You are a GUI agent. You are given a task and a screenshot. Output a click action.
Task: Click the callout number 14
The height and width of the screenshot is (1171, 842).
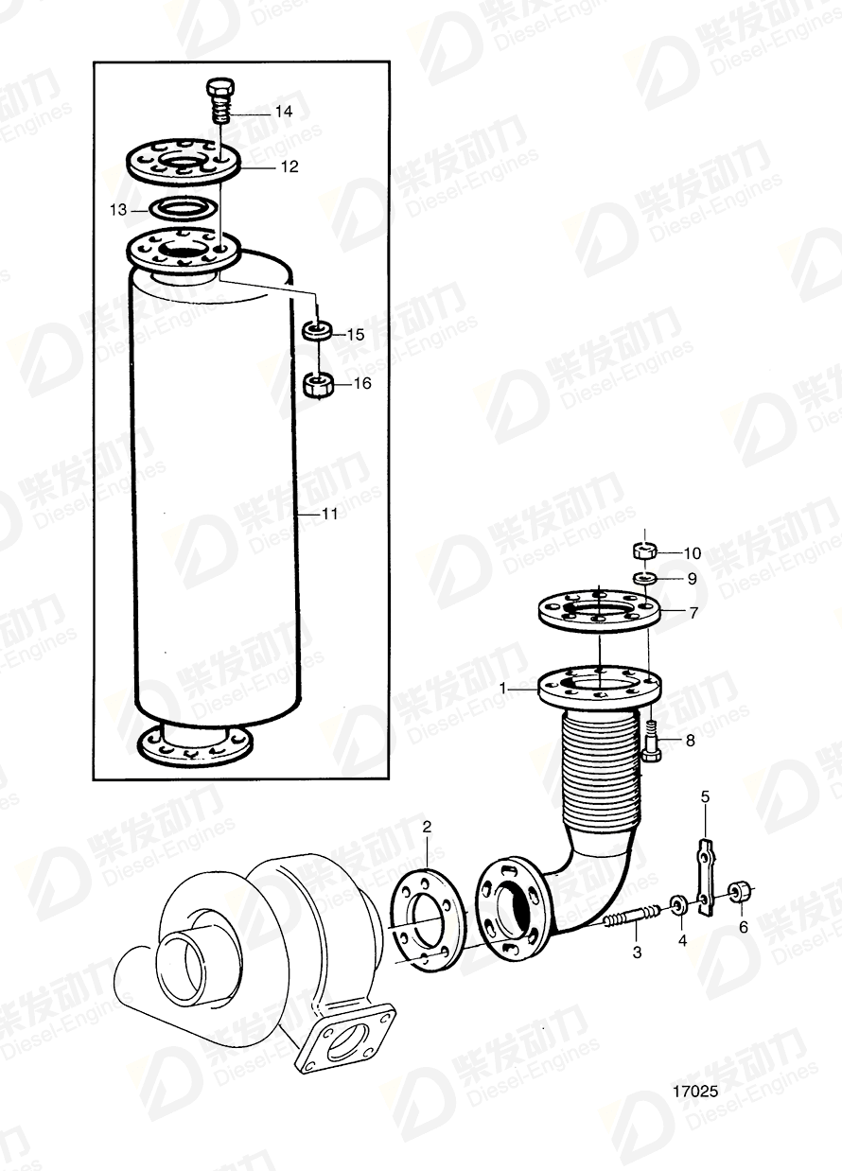pyautogui.click(x=283, y=111)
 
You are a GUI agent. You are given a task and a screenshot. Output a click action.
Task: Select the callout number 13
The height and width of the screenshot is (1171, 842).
pyautogui.click(x=117, y=210)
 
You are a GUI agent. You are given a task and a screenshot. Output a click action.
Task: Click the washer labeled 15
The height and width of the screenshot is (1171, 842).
pyautogui.click(x=317, y=332)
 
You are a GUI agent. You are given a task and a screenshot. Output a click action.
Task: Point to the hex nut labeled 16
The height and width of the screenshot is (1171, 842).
pyautogui.click(x=317, y=384)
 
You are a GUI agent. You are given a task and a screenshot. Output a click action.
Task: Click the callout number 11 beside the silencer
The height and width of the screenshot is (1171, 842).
pyautogui.click(x=330, y=514)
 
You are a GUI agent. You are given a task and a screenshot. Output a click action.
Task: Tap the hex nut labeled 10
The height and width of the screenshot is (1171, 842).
pyautogui.click(x=644, y=551)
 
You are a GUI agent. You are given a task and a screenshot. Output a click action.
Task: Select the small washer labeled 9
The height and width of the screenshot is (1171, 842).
pyautogui.click(x=644, y=577)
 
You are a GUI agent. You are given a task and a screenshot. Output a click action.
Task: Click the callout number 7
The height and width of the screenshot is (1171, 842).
pyautogui.click(x=693, y=613)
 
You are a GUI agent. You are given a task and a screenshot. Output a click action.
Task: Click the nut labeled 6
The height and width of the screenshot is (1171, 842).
pyautogui.click(x=740, y=890)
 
